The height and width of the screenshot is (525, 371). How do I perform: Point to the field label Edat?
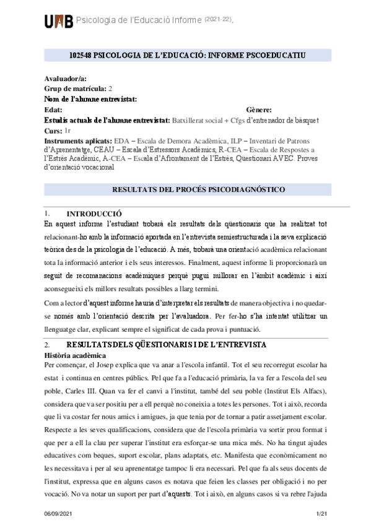click(x=55, y=109)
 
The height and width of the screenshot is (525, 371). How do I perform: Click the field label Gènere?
click(x=260, y=109)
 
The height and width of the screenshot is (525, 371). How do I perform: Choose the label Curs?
click(x=53, y=131)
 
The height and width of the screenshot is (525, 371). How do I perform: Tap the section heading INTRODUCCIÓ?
click(x=94, y=213)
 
